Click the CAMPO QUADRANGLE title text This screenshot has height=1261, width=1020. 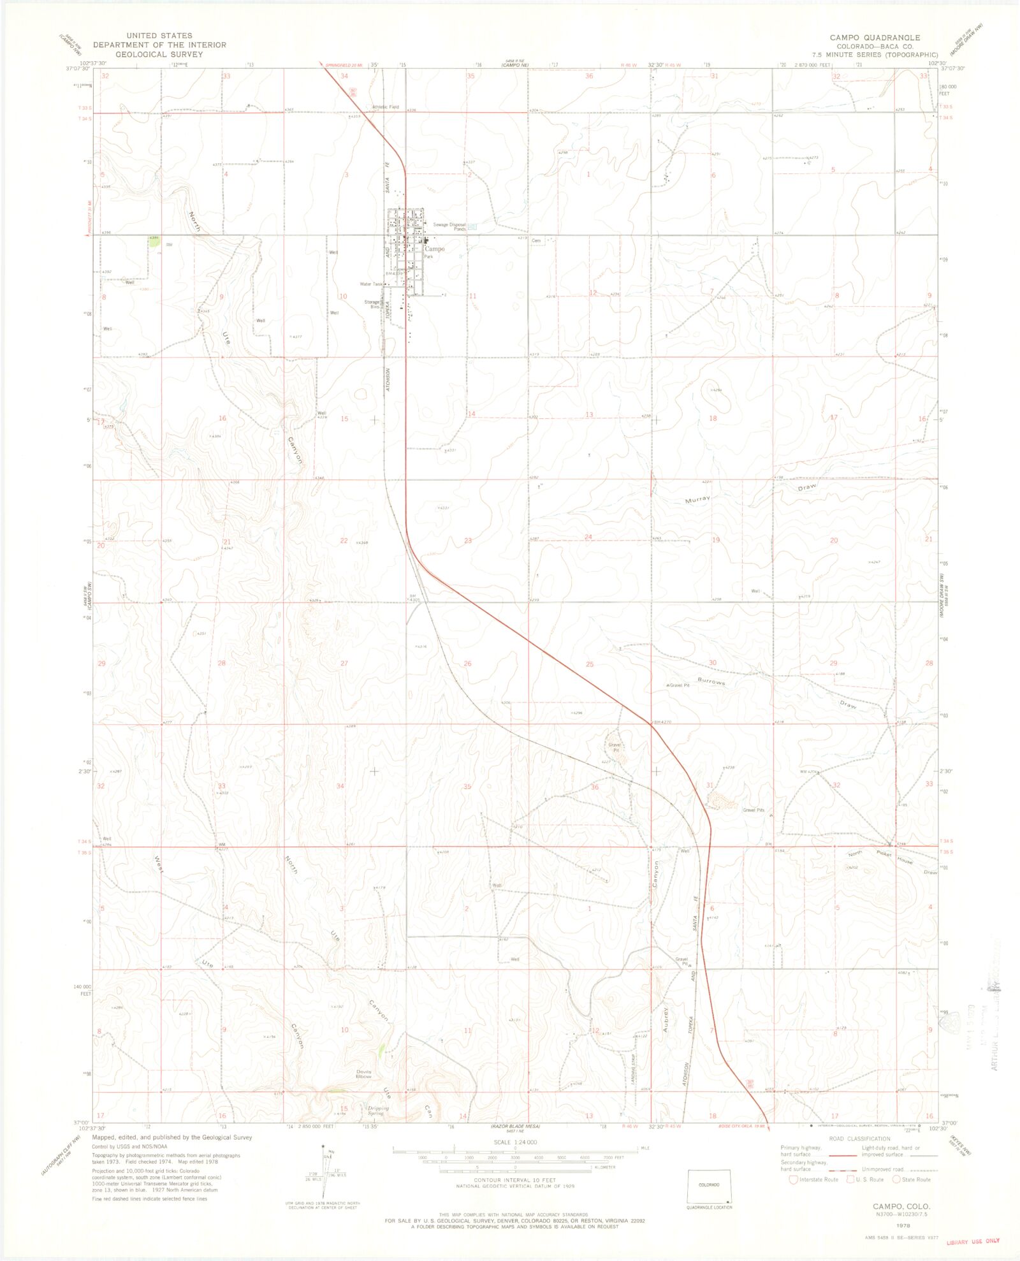point(875,38)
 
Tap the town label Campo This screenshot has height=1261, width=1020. point(435,249)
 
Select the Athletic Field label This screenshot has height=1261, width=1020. point(386,107)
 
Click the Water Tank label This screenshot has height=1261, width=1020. point(371,284)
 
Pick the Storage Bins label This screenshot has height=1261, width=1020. point(372,304)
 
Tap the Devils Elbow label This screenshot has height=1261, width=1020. point(363,1074)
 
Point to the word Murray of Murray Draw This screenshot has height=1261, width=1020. point(697,500)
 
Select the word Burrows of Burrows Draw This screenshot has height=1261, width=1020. point(711,681)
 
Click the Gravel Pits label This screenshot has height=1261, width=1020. point(753,810)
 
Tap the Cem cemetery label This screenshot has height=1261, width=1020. point(536,241)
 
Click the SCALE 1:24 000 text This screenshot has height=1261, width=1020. point(515,1142)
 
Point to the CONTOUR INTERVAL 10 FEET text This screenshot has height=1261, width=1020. point(515,1180)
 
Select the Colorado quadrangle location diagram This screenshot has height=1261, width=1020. point(709,1185)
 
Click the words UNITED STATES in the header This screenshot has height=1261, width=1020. point(159,36)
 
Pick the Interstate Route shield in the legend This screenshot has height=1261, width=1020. point(793,1179)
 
